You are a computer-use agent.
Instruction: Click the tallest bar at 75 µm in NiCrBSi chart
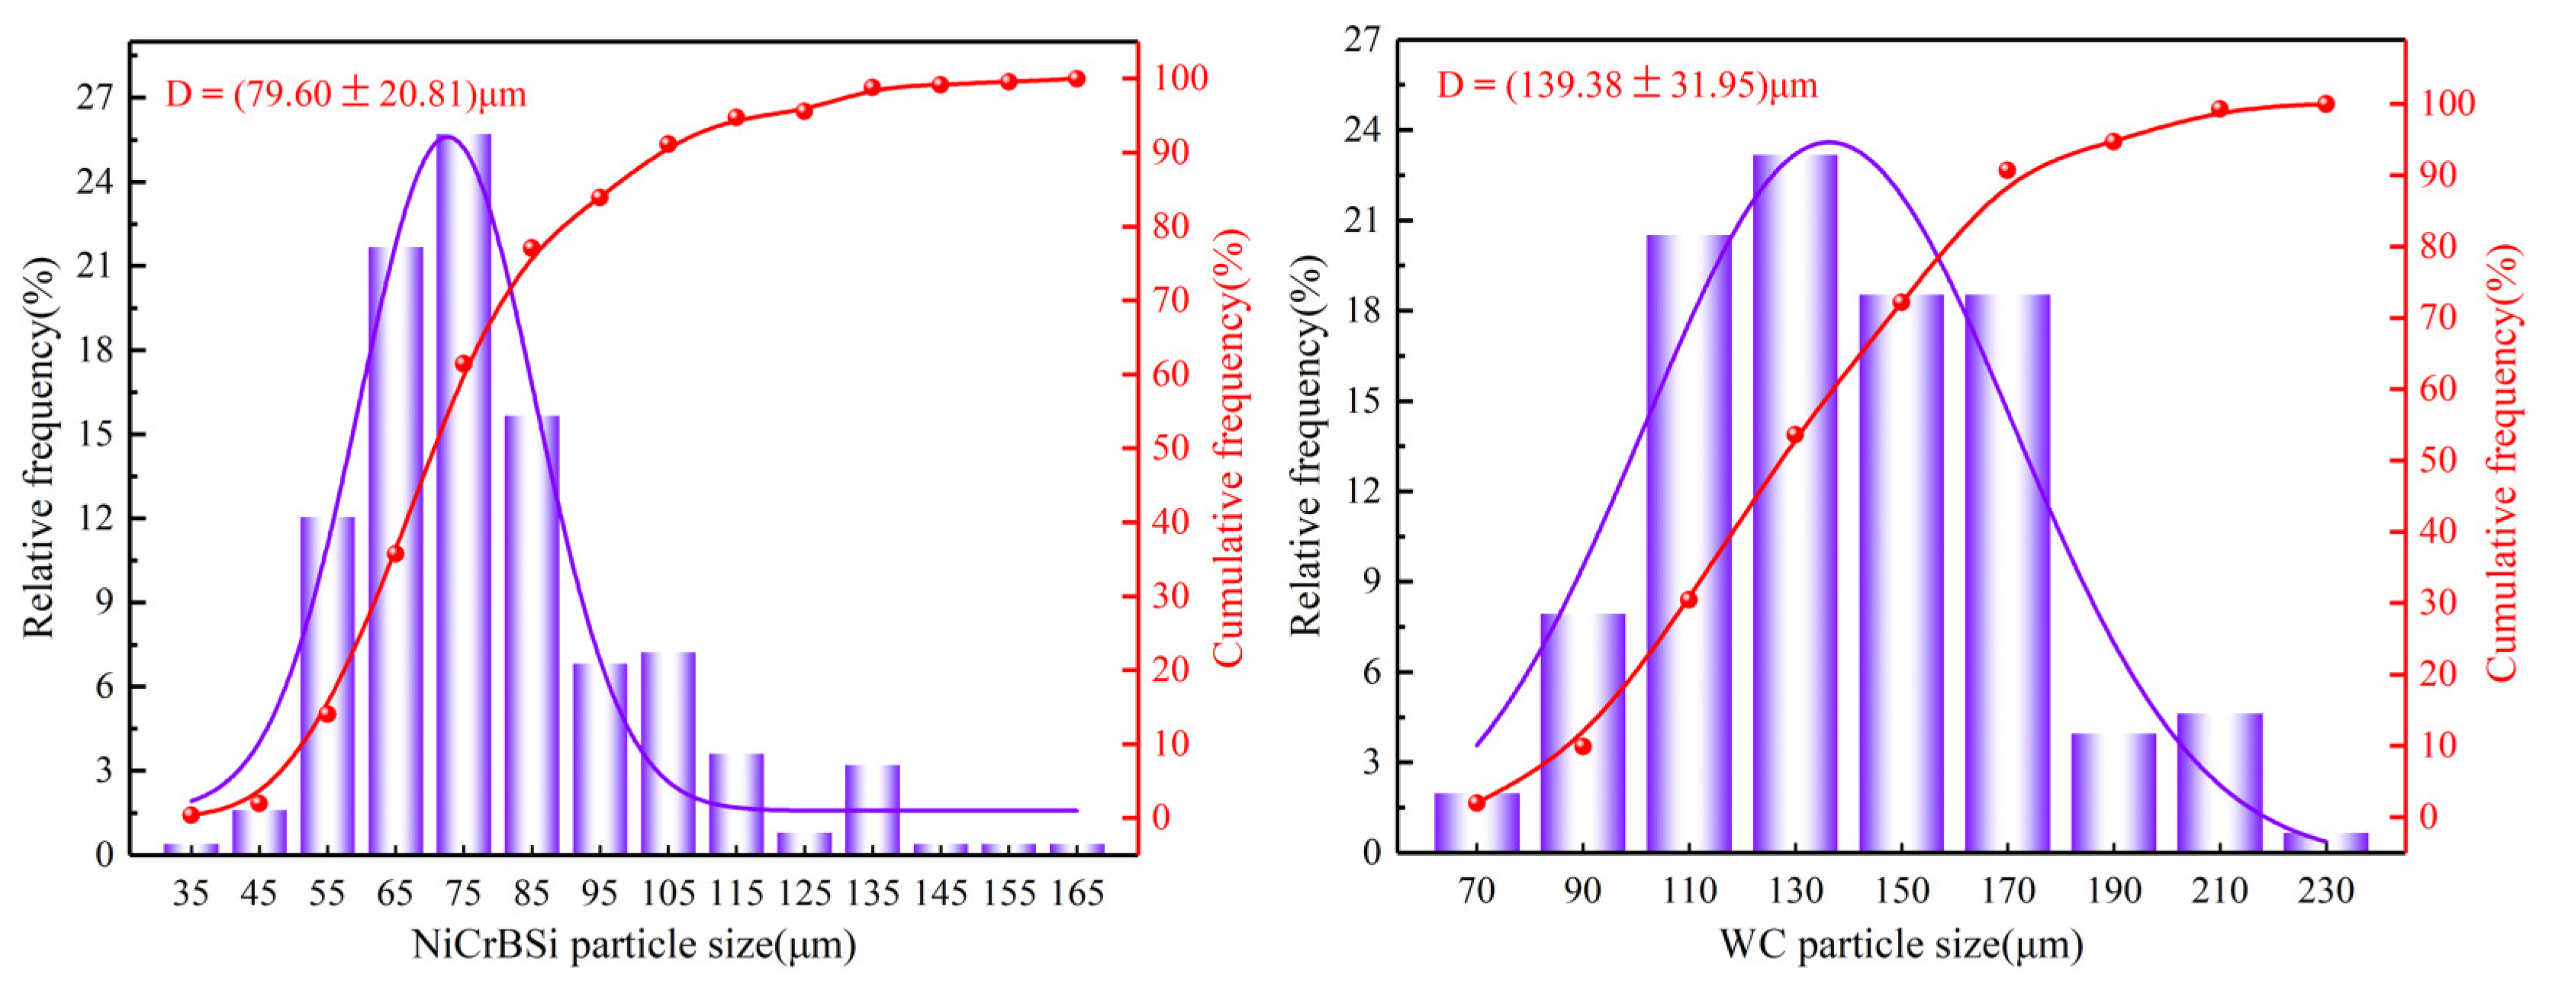click(463, 496)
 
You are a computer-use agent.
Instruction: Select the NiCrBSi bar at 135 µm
click(872, 809)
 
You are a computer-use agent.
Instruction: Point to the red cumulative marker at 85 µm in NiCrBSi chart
click(532, 248)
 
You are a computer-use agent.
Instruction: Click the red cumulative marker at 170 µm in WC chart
click(2006, 171)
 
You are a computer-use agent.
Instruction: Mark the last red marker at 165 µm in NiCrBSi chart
click(1076, 79)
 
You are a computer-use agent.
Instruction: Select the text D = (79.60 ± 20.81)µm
click(345, 95)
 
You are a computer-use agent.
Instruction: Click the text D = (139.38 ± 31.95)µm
click(1627, 86)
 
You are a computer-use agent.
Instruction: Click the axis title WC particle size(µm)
click(1900, 944)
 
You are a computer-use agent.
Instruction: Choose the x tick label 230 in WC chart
click(2325, 891)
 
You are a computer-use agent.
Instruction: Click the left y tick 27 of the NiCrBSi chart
click(96, 97)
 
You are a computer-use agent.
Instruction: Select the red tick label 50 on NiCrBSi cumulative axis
click(1170, 448)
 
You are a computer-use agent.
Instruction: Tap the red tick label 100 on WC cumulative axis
click(2447, 103)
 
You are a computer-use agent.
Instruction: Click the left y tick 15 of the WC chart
click(1365, 400)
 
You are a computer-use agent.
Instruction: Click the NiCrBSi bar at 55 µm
click(327, 684)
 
